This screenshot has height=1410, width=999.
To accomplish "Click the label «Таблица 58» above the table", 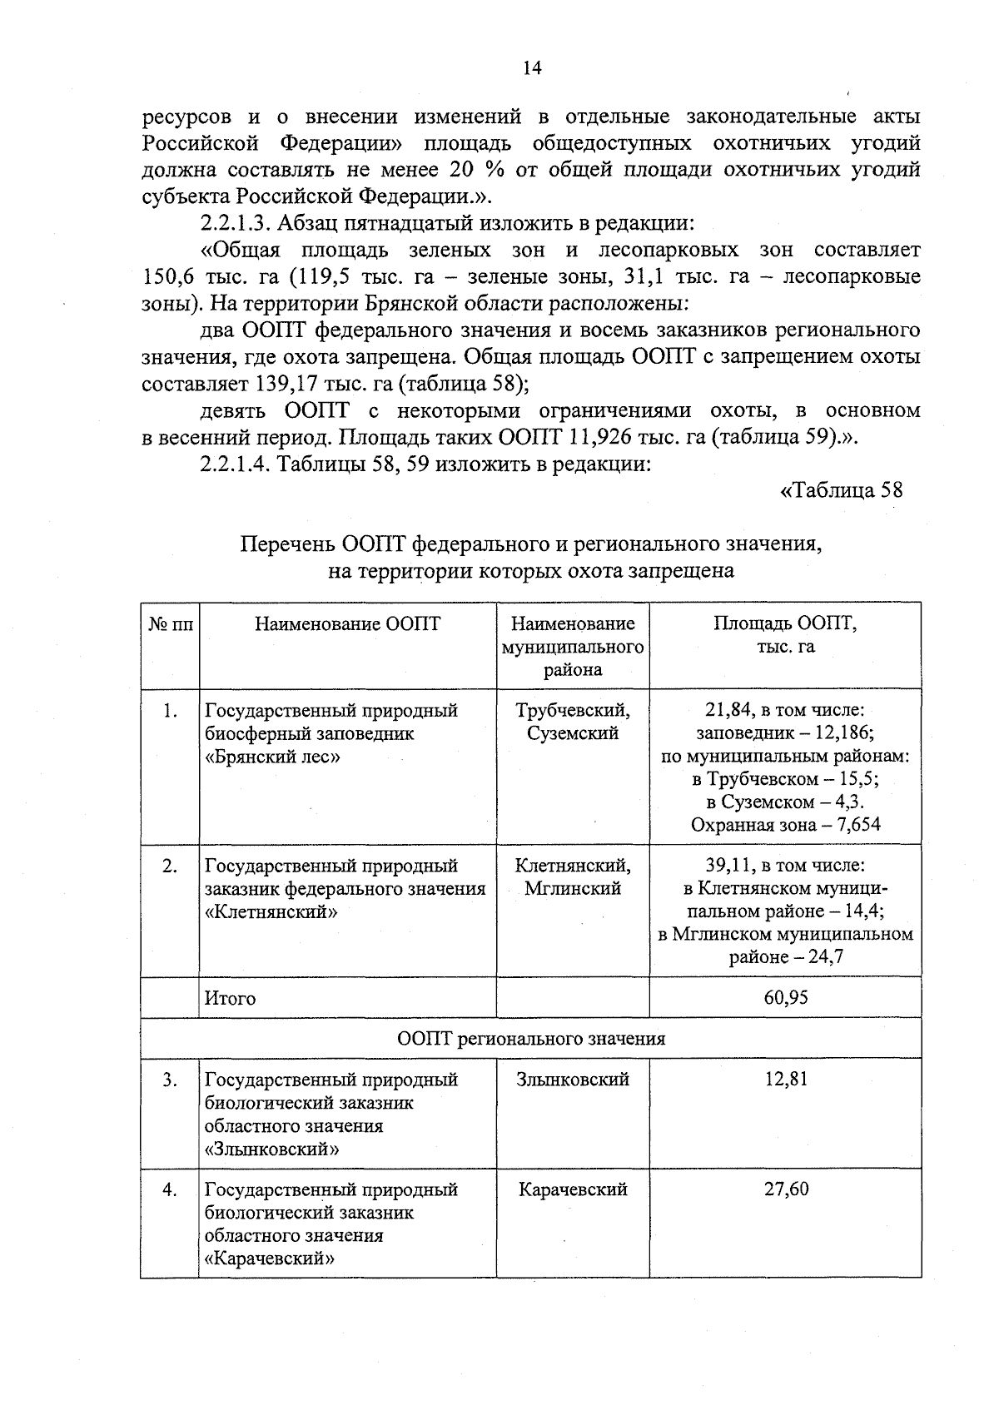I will coord(841,489).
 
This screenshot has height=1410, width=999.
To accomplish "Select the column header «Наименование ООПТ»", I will coord(347,623).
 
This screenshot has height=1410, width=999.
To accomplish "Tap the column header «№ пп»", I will coord(170,624).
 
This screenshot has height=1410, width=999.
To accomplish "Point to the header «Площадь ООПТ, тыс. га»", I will coord(785,634).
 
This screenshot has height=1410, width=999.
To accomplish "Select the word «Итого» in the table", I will coord(231,997).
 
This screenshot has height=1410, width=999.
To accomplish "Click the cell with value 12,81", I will coord(785,1079).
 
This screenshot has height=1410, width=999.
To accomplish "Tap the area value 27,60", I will coord(785,1189).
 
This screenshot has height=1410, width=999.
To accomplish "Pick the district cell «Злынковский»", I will coord(573,1079).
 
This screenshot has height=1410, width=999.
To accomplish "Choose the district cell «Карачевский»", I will coord(573,1189).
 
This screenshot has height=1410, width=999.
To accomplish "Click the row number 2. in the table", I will coord(170,866).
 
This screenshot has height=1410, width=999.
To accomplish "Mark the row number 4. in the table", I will coord(170,1189).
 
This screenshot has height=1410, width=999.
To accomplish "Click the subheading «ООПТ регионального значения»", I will coord(531,1038).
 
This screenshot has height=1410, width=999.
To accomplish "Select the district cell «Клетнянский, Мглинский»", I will coord(573,876).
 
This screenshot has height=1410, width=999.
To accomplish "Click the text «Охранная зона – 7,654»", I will coord(785,824).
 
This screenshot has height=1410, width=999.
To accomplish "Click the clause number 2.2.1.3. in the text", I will coord(235,223).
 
